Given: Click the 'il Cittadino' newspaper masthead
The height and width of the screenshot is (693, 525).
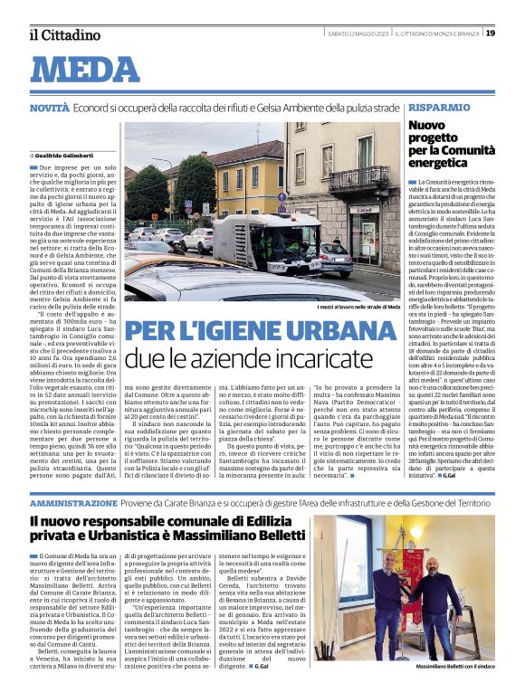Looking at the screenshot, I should pyautogui.click(x=63, y=34).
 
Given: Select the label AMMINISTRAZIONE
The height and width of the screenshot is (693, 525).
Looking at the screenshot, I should pyautogui.click(x=72, y=501).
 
